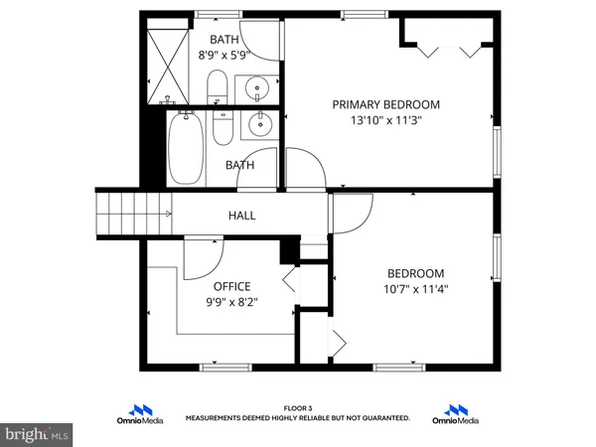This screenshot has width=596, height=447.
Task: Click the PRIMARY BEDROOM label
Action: coord(385,104)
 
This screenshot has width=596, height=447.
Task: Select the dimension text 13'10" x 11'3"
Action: coord(385,123)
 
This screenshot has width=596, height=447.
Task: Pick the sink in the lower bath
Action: coord(260,125)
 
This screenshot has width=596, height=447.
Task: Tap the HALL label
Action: coord(241,215)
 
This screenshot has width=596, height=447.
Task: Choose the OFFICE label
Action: coord(231,287)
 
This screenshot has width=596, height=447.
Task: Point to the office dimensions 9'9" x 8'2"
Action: coord(231,305)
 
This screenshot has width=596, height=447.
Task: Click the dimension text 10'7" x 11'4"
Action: coord(415,291)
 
